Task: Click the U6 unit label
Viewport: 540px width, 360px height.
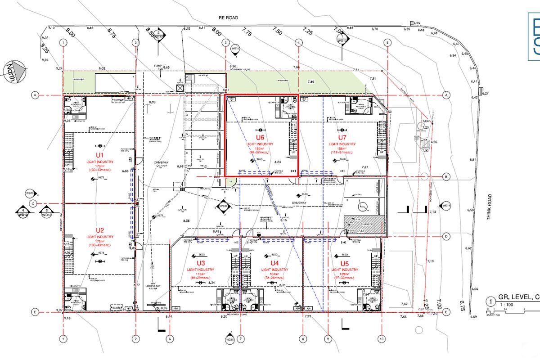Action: point(260,138)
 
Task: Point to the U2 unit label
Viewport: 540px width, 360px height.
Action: point(100,230)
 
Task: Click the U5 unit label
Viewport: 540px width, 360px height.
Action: point(345,263)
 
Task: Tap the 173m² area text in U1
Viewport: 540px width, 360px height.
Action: point(100,166)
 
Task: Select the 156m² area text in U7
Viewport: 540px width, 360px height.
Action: point(342,149)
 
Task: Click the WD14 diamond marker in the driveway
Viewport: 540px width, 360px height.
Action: point(223,207)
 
